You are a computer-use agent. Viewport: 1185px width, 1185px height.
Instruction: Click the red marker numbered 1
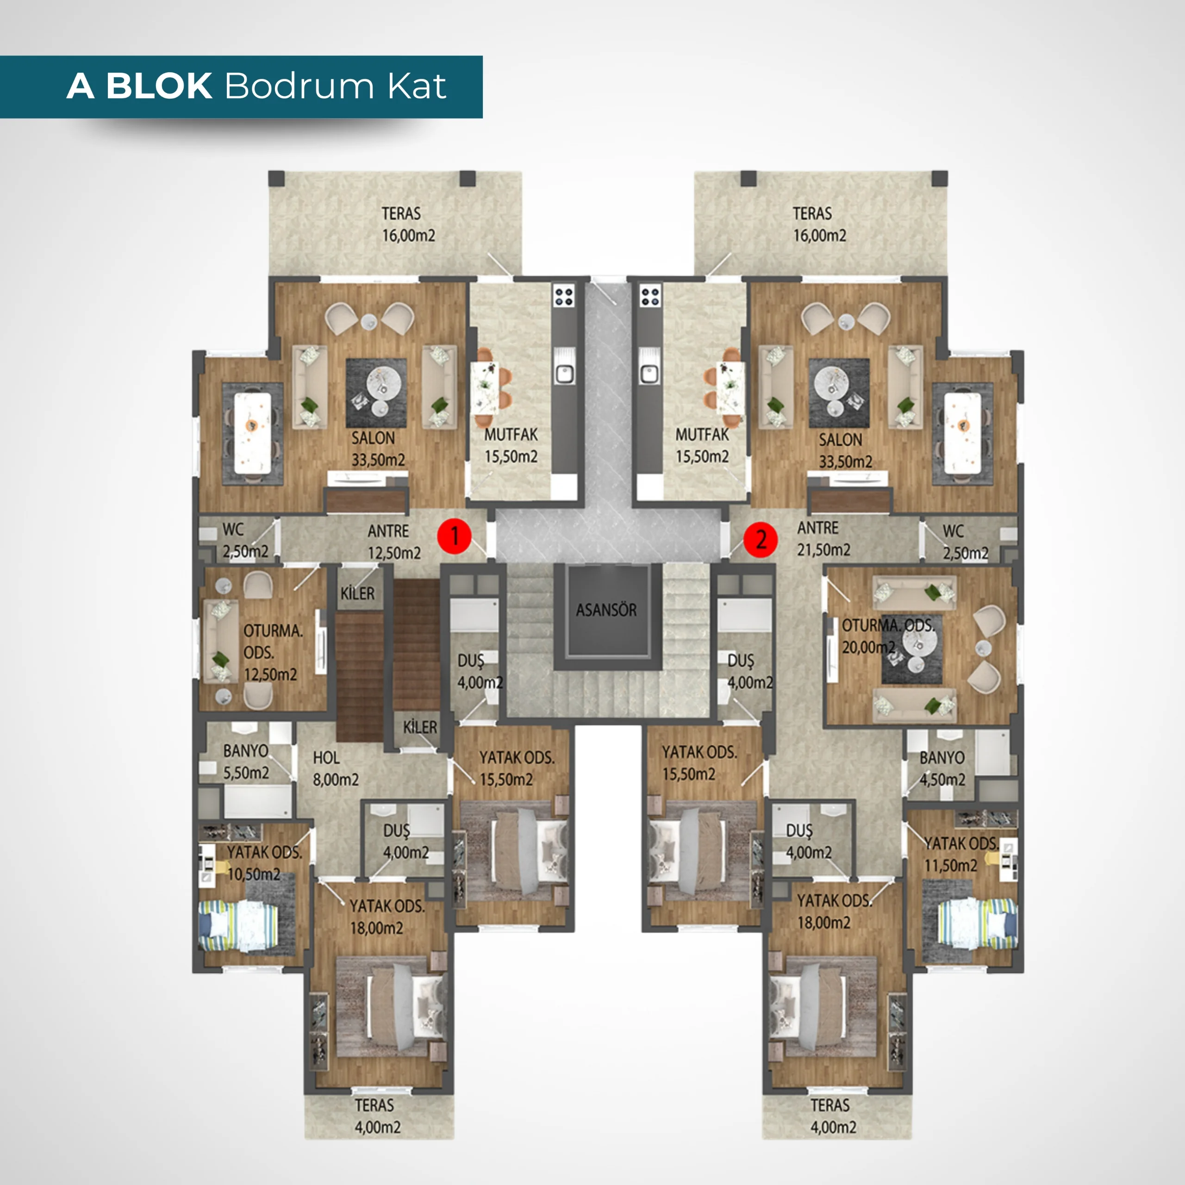pos(454,536)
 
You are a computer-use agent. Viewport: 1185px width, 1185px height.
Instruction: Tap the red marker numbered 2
pos(761,539)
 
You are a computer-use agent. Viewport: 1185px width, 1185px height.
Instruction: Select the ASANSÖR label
pos(606,610)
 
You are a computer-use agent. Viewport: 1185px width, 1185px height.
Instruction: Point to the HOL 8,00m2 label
pos(336,768)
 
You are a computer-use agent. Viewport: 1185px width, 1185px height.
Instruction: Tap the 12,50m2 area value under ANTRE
pos(394,553)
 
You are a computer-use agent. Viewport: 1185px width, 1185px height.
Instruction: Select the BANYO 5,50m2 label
pos(246,762)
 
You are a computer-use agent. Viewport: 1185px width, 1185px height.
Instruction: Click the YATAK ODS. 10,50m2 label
pos(264,863)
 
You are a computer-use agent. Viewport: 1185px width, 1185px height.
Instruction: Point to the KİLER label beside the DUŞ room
pos(420,728)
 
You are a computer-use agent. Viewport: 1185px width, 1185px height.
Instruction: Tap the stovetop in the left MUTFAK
pos(564,297)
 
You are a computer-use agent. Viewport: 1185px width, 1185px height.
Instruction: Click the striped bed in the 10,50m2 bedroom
pos(238,925)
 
